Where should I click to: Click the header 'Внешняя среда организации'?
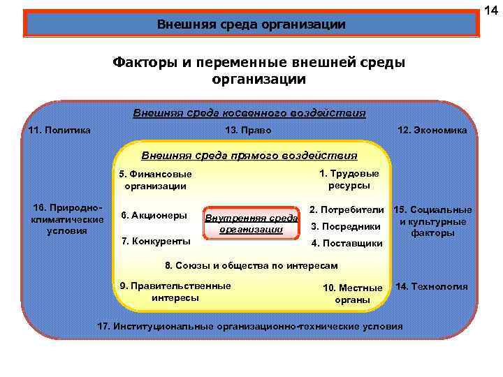[251, 25]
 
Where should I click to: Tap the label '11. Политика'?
[59, 130]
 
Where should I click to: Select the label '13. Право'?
[249, 131]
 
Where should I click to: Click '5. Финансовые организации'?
[155, 180]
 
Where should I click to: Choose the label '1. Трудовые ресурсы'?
[349, 179]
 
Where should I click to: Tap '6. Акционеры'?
[154, 215]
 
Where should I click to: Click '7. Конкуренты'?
[156, 241]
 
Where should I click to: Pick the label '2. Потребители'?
[347, 209]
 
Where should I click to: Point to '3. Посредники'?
[345, 226]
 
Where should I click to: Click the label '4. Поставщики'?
[346, 243]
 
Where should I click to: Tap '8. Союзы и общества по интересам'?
[251, 266]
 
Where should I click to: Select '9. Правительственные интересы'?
[175, 292]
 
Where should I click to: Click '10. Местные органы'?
[353, 294]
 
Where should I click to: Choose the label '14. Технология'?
[431, 287]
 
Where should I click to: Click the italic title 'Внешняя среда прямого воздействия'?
[249, 156]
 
